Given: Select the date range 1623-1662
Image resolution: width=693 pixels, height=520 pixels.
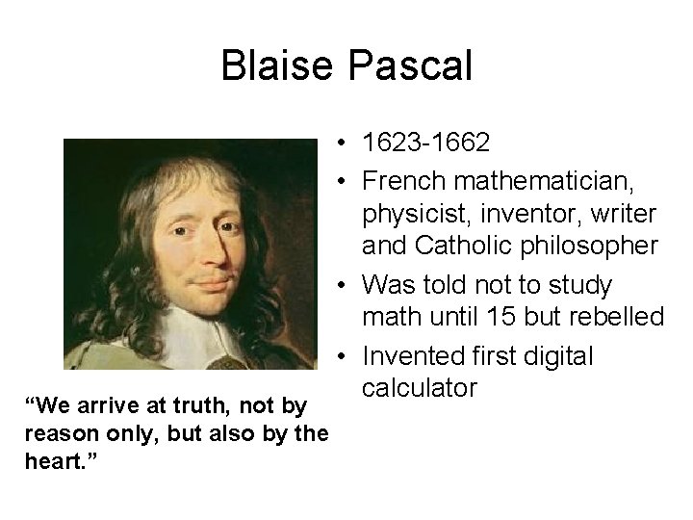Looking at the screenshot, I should point(426,144).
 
